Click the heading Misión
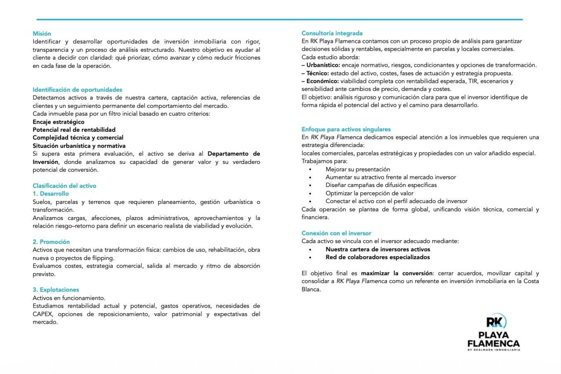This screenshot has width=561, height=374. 42,34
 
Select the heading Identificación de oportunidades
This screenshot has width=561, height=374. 77,90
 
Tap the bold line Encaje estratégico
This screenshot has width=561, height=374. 58,122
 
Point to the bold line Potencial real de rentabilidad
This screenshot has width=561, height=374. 74,130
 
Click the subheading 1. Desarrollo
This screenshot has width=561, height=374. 51,194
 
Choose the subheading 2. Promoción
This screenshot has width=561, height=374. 51,242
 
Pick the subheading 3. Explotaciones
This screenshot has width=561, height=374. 56,290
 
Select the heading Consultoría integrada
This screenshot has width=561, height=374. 332,33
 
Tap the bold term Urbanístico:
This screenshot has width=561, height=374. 323,65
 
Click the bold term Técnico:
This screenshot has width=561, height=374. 318,73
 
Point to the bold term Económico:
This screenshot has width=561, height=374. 323,81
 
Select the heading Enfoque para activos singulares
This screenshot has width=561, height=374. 346,129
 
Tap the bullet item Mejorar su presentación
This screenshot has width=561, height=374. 358,169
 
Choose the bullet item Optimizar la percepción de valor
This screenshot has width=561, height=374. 369,193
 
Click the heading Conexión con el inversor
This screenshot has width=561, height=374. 336,233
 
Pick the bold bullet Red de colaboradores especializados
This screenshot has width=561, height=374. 378,257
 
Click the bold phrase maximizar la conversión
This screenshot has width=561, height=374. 396,273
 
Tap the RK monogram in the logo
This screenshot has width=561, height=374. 496,322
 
